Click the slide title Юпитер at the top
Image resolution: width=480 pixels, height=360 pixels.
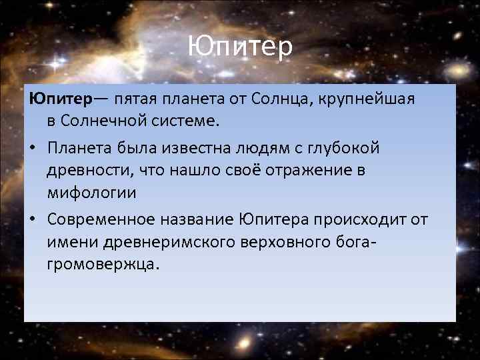[x=239, y=47]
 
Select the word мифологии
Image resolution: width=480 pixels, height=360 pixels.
[x=90, y=194]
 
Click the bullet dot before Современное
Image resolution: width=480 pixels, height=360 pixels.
[x=33, y=219]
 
